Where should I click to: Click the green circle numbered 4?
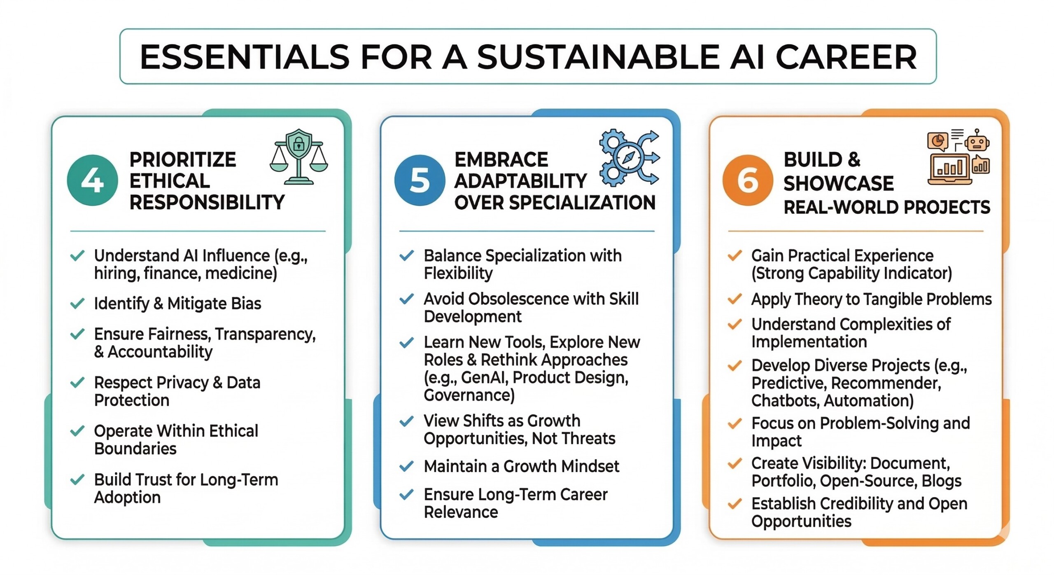(x=92, y=180)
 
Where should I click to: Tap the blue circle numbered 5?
(x=420, y=180)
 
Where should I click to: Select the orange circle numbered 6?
(x=748, y=180)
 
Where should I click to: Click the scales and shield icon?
(x=299, y=157)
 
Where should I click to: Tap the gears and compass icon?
(x=629, y=157)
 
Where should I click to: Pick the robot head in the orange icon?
(x=977, y=141)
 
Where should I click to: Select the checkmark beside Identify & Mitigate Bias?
(x=77, y=304)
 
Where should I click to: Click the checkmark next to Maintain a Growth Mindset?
(x=406, y=466)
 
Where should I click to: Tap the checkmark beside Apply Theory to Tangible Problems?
(x=735, y=299)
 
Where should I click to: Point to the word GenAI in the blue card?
(x=484, y=377)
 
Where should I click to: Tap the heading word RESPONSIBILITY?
(x=207, y=202)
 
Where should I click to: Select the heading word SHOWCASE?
(x=839, y=183)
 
